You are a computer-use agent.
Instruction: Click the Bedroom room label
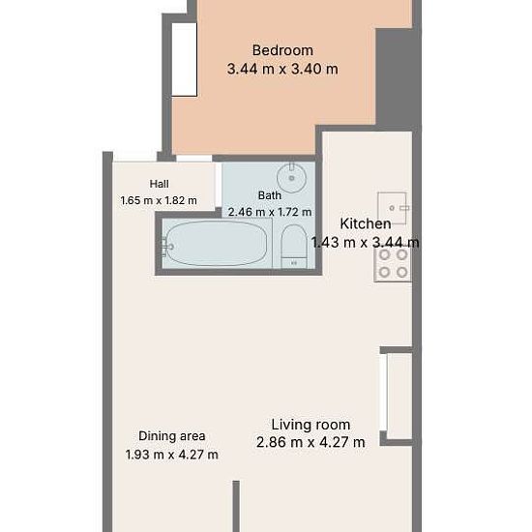282,50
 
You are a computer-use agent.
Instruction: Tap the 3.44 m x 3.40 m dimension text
282,69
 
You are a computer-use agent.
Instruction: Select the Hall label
160,184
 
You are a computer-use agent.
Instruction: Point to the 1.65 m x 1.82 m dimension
159,200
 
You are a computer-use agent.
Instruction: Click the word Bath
270,195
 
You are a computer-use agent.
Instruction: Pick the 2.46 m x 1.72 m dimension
270,212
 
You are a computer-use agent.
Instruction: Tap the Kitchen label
366,224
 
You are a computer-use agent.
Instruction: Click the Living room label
310,425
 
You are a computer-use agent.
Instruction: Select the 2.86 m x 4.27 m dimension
310,442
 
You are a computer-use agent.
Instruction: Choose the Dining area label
172,436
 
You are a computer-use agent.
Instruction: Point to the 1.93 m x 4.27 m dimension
172,455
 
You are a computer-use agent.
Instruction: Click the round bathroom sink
291,177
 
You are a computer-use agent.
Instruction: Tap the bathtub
217,243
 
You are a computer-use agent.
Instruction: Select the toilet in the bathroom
294,247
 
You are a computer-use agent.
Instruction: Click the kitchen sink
392,208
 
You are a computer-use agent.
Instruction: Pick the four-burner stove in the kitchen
393,264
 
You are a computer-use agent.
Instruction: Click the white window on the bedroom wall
184,60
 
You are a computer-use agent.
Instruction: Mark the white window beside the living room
383,393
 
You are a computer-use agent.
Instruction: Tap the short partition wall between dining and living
236,506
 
